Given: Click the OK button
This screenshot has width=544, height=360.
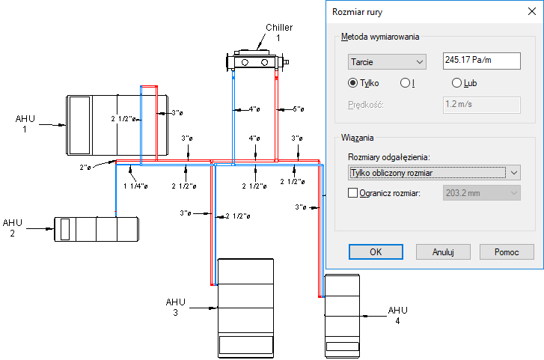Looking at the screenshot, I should pos(376,251).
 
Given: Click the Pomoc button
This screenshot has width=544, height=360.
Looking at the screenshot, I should pos(507,251).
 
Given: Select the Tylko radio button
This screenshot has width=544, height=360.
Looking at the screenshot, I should pos(352,83).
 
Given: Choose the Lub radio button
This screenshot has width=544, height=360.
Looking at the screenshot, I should pos(456,83).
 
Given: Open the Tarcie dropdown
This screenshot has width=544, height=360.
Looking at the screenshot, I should pos(386,61).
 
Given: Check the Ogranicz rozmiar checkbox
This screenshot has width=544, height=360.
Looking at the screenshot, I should pos(354,193).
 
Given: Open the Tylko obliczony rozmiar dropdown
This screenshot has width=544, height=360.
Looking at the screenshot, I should pos(434,173).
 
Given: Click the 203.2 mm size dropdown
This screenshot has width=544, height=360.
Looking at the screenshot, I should pos(482,193).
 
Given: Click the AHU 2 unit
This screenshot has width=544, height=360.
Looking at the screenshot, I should pos(96,228).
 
